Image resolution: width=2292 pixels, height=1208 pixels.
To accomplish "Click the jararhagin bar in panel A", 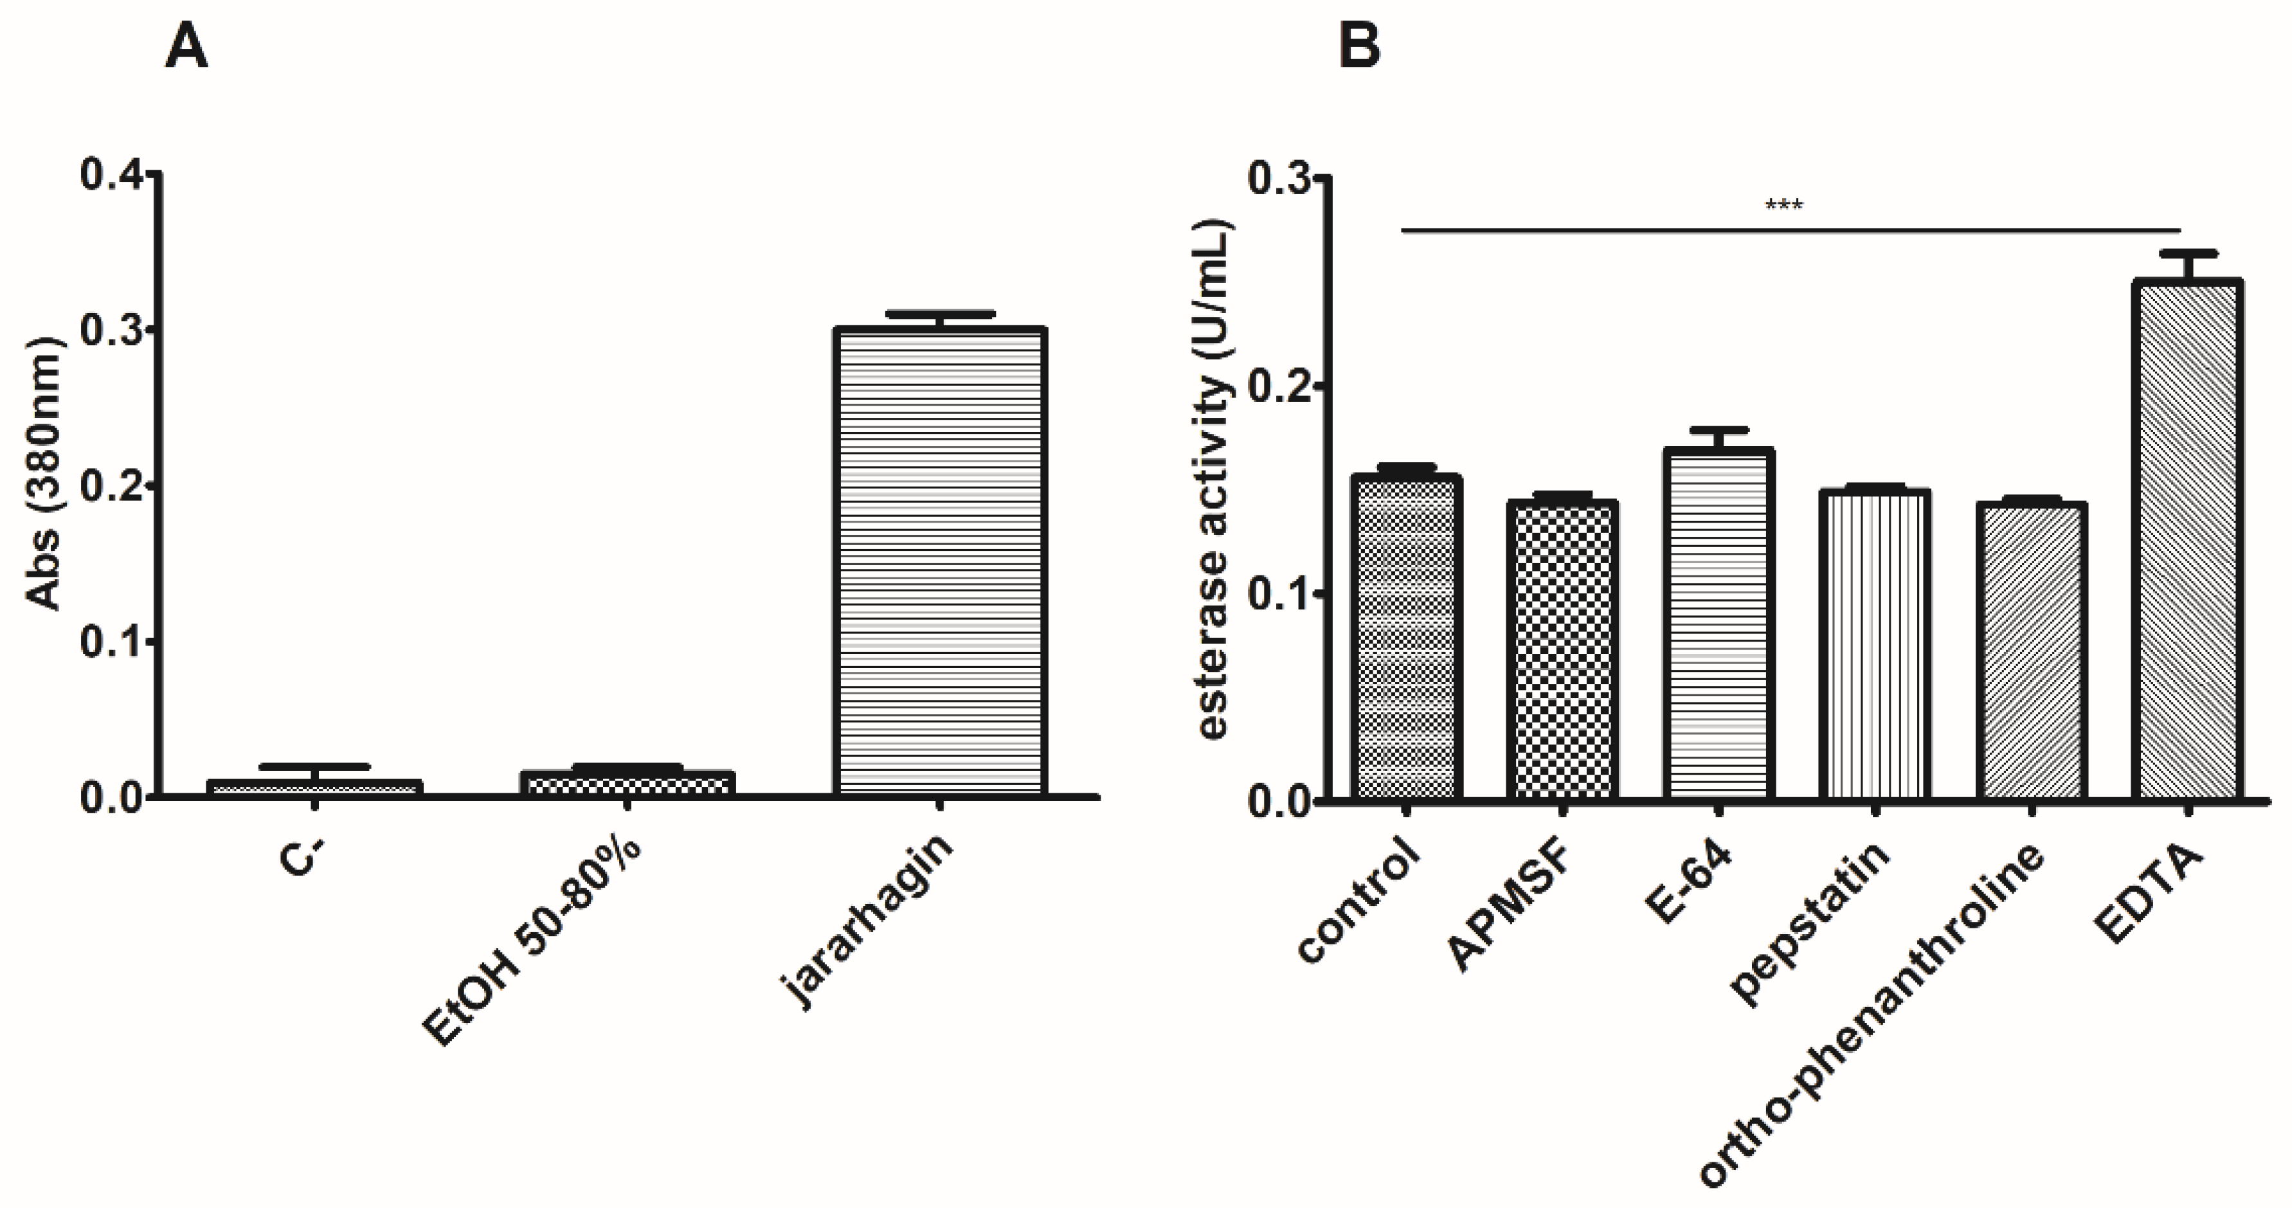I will click(939, 561).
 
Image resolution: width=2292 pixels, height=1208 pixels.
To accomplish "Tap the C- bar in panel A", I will click(314, 788).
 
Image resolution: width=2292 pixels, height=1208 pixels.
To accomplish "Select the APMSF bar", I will click(1562, 650).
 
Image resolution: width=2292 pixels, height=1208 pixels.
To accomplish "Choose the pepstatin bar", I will click(1875, 645).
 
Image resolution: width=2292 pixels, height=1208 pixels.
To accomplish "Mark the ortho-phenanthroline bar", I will click(2032, 651).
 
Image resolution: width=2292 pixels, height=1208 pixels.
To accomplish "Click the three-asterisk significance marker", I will click(1784, 207).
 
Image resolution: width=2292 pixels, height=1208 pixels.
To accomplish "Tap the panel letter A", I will click(187, 46).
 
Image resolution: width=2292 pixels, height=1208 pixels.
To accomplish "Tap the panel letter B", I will click(1360, 46).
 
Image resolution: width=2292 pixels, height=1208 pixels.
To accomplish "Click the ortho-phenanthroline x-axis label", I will click(1873, 1014).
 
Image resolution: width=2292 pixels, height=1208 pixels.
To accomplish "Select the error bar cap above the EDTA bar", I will click(2188, 253).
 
